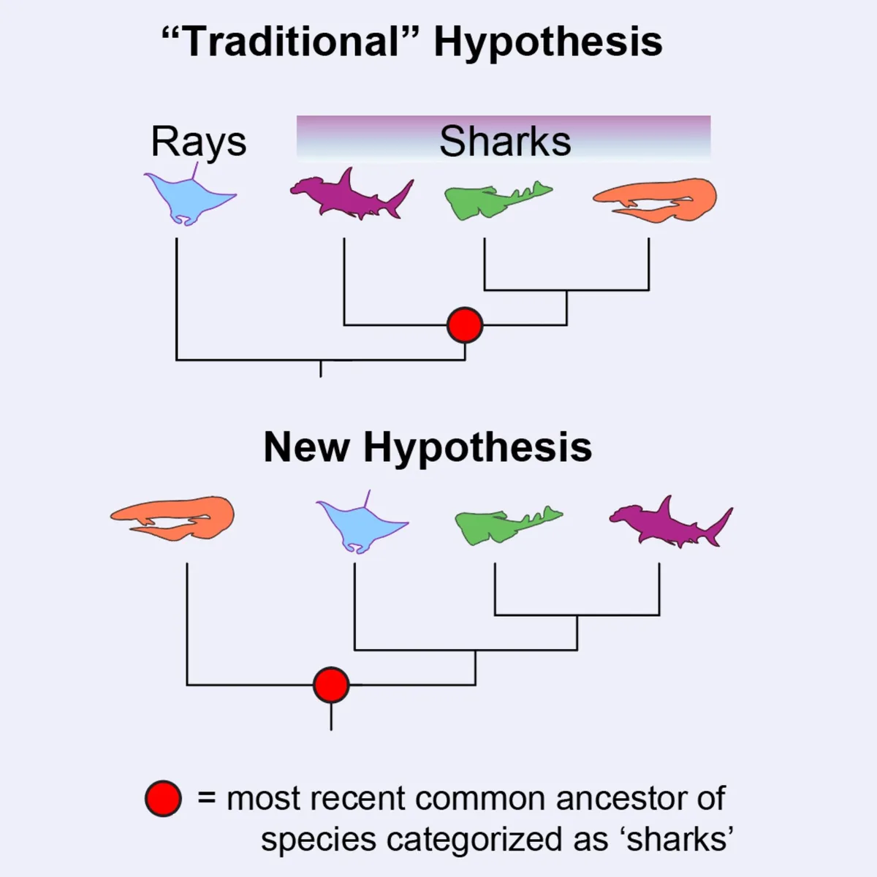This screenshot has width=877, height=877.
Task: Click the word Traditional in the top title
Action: pos(292,42)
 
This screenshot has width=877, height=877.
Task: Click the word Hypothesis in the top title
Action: pos(548,42)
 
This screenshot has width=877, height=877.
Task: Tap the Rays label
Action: pos(198,142)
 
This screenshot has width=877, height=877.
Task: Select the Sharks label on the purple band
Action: pos(505,142)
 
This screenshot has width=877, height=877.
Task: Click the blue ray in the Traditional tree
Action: pos(186,197)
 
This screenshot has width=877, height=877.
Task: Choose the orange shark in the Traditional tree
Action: pos(658,199)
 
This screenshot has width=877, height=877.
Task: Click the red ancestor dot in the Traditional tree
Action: pos(465,324)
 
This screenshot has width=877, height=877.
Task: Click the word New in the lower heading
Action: pos(306,447)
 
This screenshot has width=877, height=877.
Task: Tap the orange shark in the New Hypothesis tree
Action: pos(175,517)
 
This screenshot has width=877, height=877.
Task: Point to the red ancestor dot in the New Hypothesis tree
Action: pos(331,685)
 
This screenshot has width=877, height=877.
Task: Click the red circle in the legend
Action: pos(163,799)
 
